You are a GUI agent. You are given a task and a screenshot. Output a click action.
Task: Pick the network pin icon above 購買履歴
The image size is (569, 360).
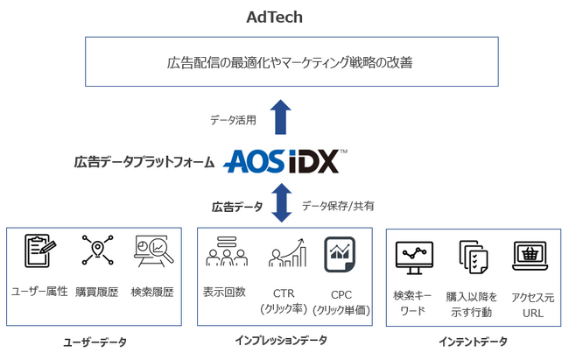[x=97, y=251]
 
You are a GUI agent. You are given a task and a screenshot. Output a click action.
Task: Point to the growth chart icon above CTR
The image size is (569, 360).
[x=287, y=252]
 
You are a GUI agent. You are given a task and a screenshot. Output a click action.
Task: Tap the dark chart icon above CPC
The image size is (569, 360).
[x=340, y=252]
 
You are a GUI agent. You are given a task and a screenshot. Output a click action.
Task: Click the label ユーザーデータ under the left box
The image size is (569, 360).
[x=95, y=342]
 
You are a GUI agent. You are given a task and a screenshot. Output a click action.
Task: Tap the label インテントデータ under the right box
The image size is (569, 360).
[x=473, y=342]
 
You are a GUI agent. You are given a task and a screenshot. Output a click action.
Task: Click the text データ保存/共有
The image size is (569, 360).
[x=337, y=206]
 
